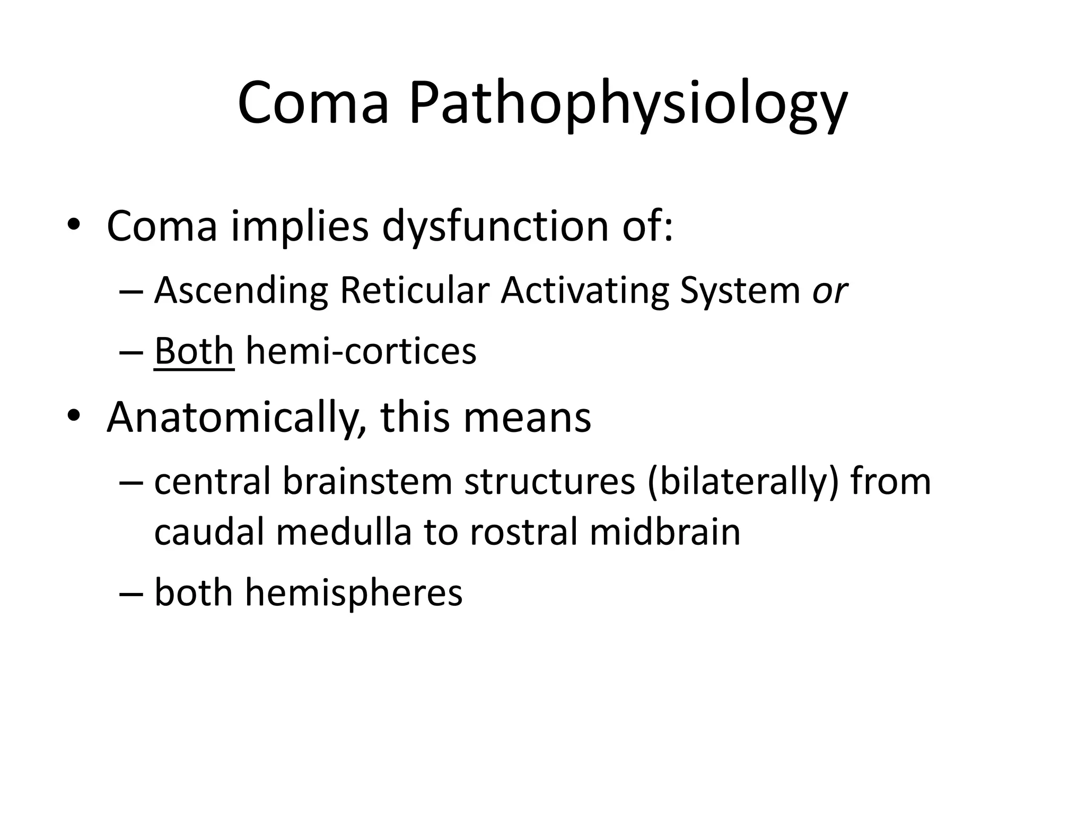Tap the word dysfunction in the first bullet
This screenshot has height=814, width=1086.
[495, 227]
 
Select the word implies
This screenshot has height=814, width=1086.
[300, 227]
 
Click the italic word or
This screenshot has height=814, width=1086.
[830, 291]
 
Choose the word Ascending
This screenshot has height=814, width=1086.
[241, 291]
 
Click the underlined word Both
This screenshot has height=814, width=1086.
[194, 351]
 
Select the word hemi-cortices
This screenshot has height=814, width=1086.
[361, 351]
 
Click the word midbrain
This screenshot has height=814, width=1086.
[665, 532]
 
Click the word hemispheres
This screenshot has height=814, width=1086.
[353, 593]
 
